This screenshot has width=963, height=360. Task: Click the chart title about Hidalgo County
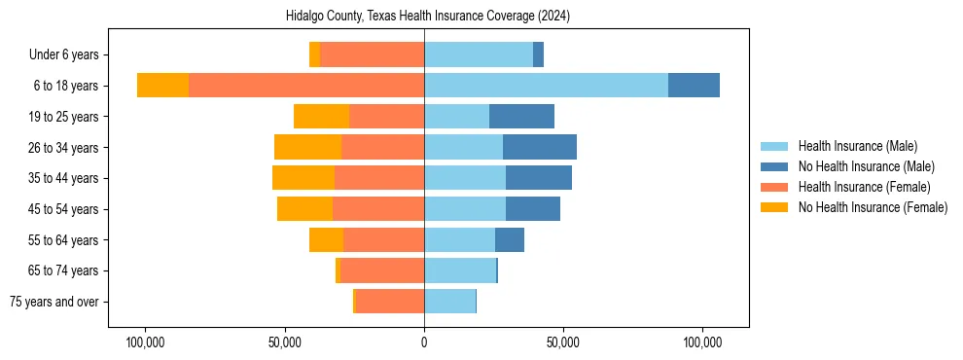click(x=428, y=17)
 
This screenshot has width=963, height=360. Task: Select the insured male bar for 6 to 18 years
click(x=546, y=86)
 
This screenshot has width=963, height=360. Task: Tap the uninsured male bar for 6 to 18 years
click(x=694, y=86)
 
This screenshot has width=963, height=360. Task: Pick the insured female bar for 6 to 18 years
click(x=306, y=86)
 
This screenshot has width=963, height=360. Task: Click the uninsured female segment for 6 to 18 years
click(x=162, y=86)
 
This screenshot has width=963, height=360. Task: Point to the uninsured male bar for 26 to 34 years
click(x=540, y=147)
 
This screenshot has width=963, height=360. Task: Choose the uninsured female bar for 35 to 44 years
click(x=303, y=178)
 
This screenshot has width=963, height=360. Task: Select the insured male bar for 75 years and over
click(x=449, y=302)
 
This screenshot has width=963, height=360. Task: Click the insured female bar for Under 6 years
click(x=372, y=54)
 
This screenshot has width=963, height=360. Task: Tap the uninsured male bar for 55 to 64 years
click(x=510, y=239)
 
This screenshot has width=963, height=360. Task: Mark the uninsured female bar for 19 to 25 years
click(x=321, y=117)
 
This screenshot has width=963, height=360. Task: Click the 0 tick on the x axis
click(x=424, y=343)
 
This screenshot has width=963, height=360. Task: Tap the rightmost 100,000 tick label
click(x=702, y=343)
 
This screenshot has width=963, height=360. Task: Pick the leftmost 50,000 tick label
click(x=284, y=343)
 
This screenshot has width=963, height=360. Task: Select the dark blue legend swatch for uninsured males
click(x=775, y=166)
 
